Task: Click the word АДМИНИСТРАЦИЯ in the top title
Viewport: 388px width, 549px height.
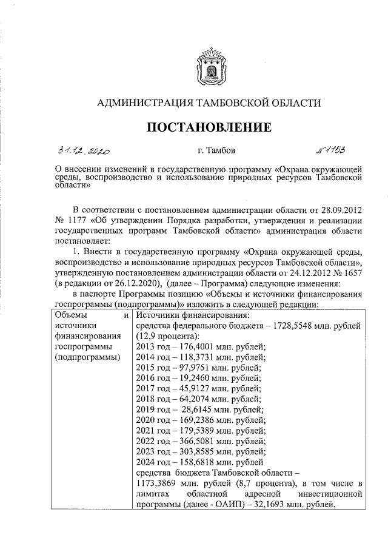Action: tap(145, 103)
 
